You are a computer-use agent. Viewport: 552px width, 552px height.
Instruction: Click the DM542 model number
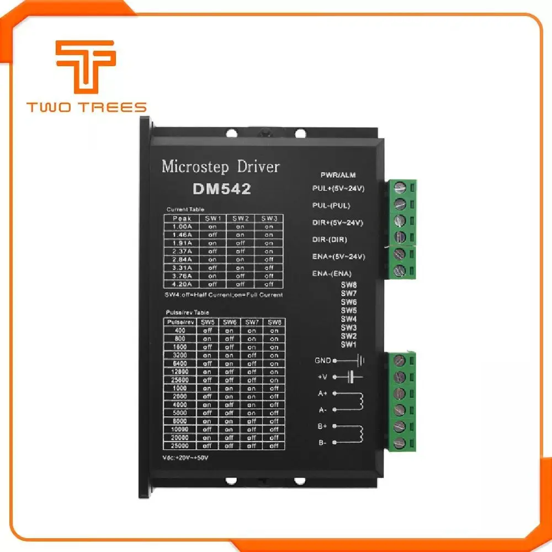point(222,189)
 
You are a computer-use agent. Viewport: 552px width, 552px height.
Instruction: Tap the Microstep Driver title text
point(220,166)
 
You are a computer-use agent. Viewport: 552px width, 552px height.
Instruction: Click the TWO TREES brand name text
point(87,107)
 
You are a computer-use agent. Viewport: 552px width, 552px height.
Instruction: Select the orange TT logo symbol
point(86,67)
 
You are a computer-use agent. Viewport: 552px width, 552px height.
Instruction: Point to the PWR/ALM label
point(338,175)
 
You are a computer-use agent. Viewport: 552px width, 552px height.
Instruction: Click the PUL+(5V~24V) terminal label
point(338,189)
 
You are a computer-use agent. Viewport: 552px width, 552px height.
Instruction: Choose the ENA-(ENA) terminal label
point(332,273)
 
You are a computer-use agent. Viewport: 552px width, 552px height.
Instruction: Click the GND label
point(322,360)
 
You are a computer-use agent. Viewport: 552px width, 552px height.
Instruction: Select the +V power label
point(323,377)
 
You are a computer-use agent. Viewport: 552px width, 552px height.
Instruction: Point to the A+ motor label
point(322,394)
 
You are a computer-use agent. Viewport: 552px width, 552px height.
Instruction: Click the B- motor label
point(322,443)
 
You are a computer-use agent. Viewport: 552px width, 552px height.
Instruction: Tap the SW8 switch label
point(348,285)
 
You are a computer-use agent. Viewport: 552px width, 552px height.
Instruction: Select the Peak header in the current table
point(182,218)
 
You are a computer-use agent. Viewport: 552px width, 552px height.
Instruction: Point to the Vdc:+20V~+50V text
point(186,458)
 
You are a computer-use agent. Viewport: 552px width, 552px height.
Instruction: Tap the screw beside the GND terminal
point(400,361)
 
